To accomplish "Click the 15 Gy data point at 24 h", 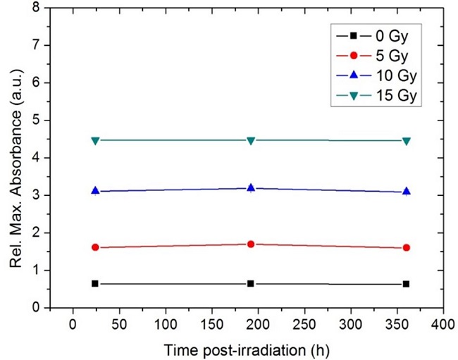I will point(95,141).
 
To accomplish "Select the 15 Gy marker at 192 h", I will point(250,141).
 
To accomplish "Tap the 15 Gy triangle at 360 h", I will point(406,141).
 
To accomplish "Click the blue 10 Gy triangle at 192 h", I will point(250,187).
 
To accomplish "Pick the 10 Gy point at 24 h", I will point(95,191).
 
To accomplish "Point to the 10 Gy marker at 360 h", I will point(406,192).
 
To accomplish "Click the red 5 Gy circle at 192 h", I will point(250,244).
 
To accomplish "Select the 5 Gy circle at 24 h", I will point(95,247).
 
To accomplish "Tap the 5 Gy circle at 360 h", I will point(406,247).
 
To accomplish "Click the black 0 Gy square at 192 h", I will point(250,283).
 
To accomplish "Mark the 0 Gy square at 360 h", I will point(406,284).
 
